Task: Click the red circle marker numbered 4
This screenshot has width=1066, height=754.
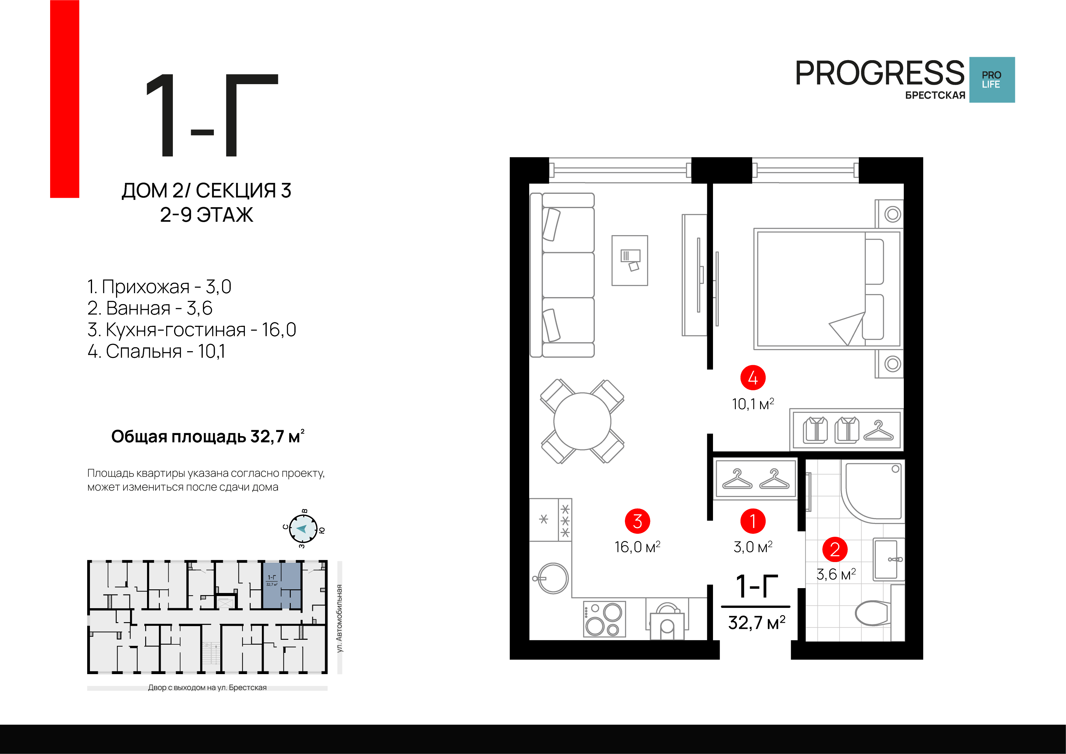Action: (x=752, y=378)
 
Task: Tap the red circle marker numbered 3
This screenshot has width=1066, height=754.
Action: (x=637, y=521)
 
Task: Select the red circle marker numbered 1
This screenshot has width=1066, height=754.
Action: (x=752, y=521)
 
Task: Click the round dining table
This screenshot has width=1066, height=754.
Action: (x=582, y=421)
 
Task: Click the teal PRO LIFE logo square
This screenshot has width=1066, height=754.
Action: (x=992, y=80)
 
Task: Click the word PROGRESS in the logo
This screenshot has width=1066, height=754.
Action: (x=880, y=73)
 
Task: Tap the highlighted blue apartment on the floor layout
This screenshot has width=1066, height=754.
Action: (x=282, y=585)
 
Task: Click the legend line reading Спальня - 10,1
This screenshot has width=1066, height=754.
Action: (x=156, y=351)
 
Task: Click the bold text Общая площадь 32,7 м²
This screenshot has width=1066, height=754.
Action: (x=207, y=437)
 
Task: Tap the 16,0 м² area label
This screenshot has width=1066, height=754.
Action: (x=637, y=547)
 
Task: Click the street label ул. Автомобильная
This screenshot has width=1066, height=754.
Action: (x=340, y=619)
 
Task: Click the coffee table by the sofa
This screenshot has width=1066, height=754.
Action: (x=629, y=260)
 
